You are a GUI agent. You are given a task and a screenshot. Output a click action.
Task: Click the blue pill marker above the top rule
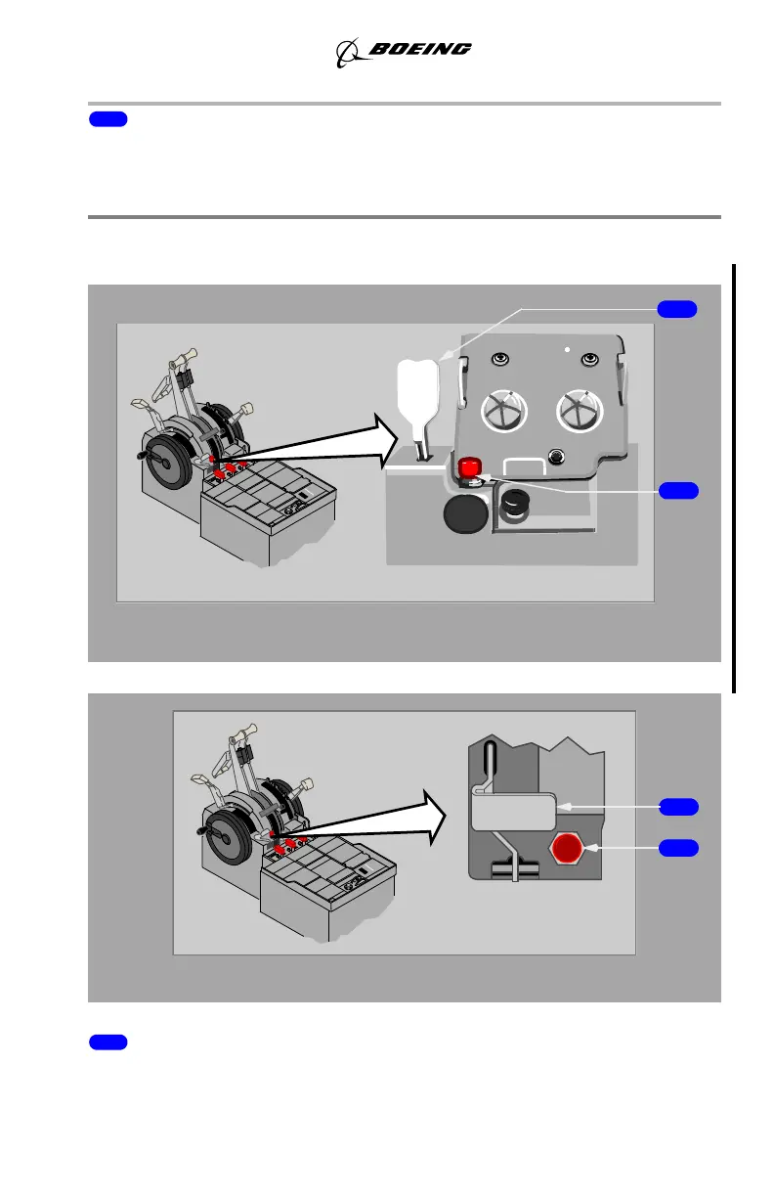click(107, 119)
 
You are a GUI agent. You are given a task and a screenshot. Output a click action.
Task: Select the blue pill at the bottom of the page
click(107, 1042)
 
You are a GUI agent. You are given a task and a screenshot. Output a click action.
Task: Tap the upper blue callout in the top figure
click(677, 309)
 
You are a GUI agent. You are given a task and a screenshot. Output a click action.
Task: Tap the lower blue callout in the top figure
click(677, 490)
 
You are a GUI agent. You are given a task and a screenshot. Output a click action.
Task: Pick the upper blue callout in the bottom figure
click(677, 807)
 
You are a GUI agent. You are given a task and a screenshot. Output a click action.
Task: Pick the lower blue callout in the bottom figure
click(677, 847)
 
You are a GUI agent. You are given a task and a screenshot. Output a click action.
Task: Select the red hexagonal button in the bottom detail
click(567, 848)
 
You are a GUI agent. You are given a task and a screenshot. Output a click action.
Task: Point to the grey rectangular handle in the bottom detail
click(515, 811)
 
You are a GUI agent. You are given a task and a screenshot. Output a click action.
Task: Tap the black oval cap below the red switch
click(467, 511)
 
